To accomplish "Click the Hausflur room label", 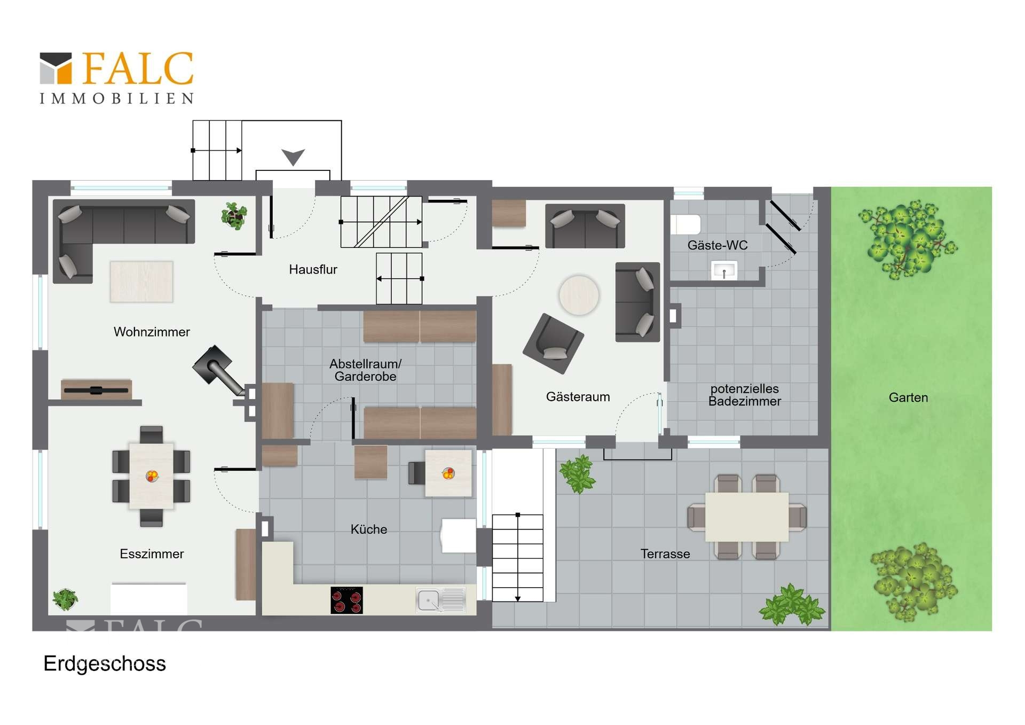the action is pos(313,270).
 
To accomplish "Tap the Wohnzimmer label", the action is pos(152,332).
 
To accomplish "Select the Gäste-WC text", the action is pos(717,245).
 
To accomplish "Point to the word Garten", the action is pos(908,397).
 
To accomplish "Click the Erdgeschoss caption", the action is pos(105,664).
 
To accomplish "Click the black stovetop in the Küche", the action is pos(346,600).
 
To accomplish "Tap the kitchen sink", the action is pos(441,600).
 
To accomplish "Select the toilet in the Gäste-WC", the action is pos(685,224).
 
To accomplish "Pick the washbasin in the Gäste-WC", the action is pos(724,270).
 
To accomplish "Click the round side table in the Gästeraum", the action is pos(579,295).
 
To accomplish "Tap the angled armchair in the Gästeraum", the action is pos(554,343).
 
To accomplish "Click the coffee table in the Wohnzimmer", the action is pos(141,282).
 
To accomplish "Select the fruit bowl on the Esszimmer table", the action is pos(152,475).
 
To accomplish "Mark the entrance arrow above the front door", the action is pos(293,157).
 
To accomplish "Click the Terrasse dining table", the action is pos(747,517).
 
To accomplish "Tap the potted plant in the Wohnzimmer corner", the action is pos(234,216).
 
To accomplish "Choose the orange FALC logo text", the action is pos(138,68).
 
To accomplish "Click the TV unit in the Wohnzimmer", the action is pos(96,389).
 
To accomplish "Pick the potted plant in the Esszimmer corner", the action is pos(65,599).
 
